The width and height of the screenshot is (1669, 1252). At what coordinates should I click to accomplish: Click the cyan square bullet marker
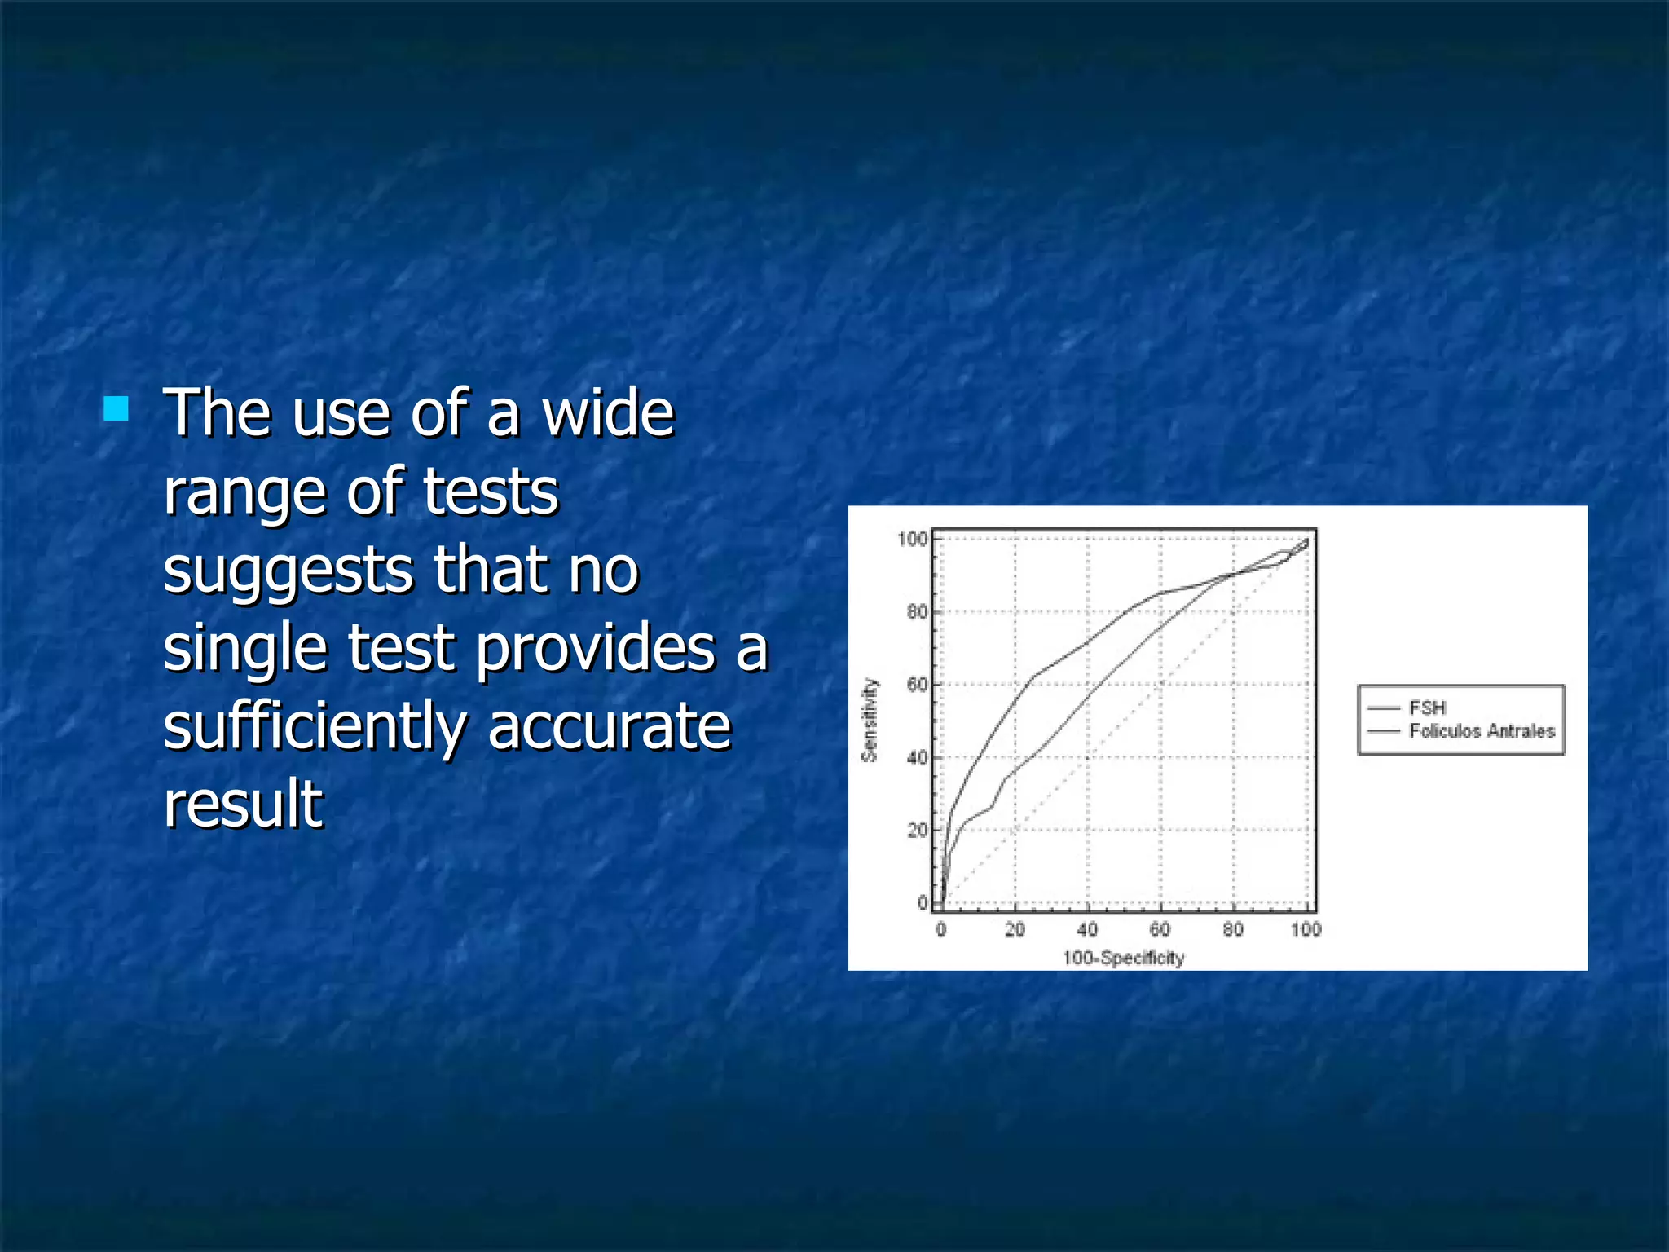coord(116,408)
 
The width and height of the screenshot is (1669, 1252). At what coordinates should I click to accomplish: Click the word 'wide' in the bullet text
coord(608,413)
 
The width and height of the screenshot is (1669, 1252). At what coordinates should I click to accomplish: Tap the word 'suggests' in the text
coord(290,571)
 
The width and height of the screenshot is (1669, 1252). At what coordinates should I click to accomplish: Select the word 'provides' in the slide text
coord(595,649)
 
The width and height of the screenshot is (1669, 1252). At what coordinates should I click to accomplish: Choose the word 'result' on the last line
coord(243,804)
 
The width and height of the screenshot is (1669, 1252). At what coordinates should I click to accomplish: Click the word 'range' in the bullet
coord(244,492)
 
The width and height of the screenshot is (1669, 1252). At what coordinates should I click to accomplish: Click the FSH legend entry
coord(1427,708)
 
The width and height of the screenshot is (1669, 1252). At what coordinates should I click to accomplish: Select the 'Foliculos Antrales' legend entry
coord(1482,731)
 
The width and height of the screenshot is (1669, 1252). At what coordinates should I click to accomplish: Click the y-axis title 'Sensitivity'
coord(870,721)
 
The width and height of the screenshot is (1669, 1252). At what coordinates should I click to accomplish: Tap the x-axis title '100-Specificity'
coord(1123,958)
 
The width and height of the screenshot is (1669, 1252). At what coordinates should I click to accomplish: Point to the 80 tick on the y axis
coord(917,611)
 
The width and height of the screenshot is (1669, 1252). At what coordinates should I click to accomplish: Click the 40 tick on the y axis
coord(917,757)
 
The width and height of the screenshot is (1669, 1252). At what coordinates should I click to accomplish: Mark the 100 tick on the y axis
coord(913,539)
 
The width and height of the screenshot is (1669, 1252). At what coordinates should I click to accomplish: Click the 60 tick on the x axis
coord(1160,929)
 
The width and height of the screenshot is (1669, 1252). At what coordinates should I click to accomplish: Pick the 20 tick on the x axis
coord(1015,929)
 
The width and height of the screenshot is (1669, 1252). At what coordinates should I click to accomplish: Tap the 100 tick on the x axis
coord(1306,929)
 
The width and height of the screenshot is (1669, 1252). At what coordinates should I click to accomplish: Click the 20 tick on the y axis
coord(917,830)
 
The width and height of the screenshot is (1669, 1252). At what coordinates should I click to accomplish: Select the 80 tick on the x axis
coord(1233,929)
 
